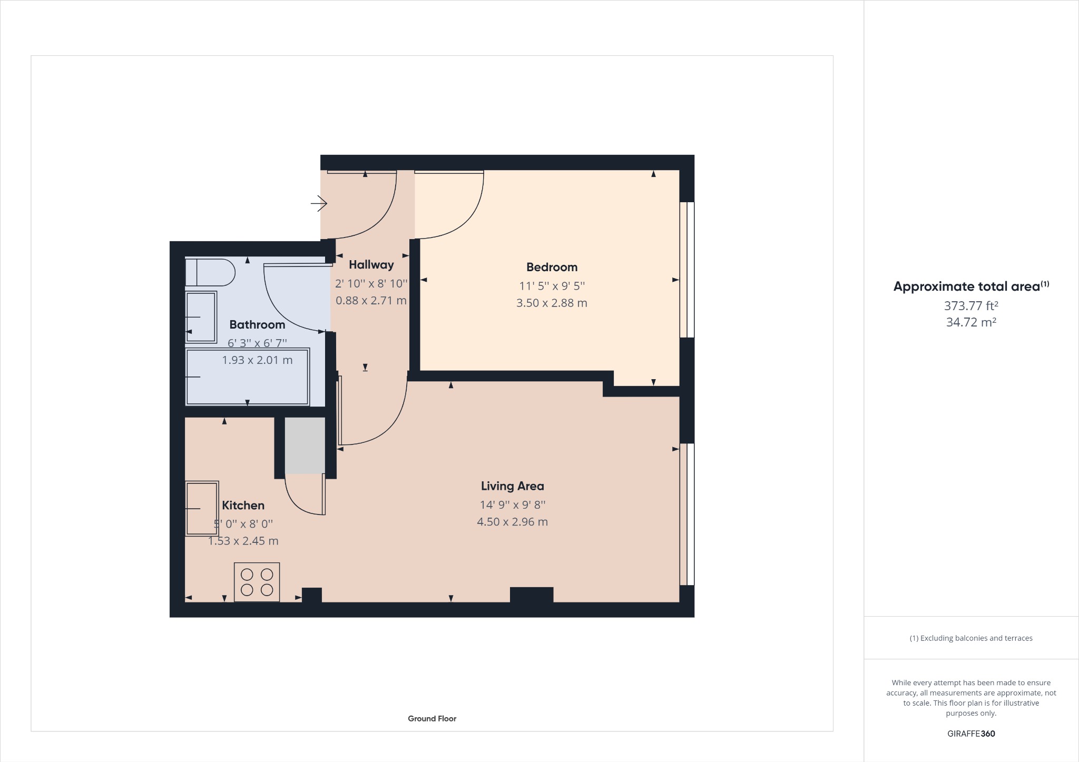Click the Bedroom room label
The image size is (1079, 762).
(x=552, y=267)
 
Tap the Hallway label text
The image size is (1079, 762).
(x=371, y=264)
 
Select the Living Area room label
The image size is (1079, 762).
(x=512, y=486)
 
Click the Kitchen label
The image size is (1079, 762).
(x=243, y=505)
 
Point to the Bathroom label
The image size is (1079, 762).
(x=257, y=324)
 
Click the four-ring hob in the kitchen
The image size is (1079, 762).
(x=257, y=582)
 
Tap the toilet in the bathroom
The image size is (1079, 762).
(x=210, y=272)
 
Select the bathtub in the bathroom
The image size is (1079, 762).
(x=247, y=377)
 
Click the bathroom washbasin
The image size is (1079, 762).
(x=201, y=316)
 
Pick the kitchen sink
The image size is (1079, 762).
(x=202, y=508)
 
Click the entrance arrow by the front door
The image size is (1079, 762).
(x=319, y=203)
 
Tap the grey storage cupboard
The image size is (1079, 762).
(x=305, y=445)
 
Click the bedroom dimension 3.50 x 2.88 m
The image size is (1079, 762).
(x=552, y=303)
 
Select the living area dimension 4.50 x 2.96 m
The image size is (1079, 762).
(x=512, y=522)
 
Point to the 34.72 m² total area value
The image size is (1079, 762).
(x=970, y=322)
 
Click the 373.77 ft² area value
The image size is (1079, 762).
(x=970, y=305)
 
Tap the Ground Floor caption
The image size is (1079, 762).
(x=431, y=718)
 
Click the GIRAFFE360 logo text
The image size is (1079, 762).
(x=970, y=734)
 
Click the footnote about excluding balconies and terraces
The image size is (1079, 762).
(x=970, y=638)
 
